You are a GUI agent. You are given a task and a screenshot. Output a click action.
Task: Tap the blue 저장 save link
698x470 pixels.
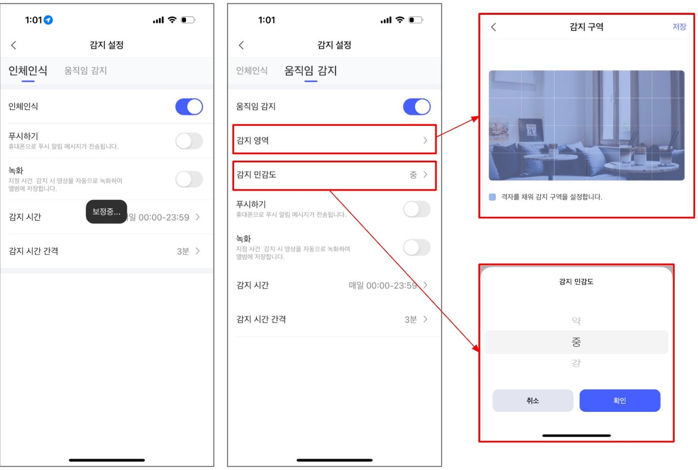point(679,27)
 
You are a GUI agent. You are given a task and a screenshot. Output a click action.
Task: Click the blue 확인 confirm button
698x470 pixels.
point(619,400)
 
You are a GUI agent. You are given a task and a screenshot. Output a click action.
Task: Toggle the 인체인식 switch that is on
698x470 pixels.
point(189,107)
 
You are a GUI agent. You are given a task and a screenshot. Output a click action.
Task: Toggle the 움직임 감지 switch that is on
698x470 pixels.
point(417,107)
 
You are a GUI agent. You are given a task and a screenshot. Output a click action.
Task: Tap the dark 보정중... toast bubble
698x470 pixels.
point(106,212)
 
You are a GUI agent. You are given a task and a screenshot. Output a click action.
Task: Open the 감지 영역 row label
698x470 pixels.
point(252,141)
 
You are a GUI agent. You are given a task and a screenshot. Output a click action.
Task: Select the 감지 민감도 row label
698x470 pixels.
point(256,174)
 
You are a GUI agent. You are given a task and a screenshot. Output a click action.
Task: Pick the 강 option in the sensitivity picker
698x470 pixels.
point(576,363)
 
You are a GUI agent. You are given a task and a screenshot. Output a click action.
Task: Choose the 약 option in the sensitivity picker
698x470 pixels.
point(576,320)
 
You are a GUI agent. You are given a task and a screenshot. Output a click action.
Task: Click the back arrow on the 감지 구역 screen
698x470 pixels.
point(493,27)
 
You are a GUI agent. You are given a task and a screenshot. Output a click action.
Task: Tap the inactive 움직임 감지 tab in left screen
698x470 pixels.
point(85,71)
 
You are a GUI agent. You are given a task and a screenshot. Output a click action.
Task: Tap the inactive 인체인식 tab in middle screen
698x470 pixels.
point(252,71)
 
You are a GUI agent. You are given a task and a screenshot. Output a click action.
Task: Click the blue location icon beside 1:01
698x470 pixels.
point(48,20)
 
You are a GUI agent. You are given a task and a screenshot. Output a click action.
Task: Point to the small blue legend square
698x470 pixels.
point(493,197)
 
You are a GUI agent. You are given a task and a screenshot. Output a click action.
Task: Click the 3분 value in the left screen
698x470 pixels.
point(183,251)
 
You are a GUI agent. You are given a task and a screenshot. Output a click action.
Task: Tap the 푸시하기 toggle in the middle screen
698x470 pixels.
point(417,209)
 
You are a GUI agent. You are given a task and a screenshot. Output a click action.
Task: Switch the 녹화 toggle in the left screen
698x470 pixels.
point(189,179)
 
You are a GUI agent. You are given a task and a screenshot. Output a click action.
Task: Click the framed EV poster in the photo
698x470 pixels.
point(531,130)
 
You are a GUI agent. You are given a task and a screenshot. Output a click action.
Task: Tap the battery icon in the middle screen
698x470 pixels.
point(416,20)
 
